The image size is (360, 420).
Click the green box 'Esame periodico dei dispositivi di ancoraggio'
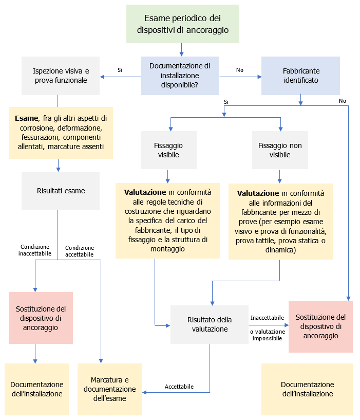tap(183, 24)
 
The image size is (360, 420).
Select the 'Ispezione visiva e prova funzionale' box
tap(61, 76)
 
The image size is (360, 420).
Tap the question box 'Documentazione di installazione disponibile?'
tap(180, 76)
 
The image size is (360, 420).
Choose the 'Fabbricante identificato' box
tap(300, 76)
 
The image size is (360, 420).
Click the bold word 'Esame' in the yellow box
tap(26, 118)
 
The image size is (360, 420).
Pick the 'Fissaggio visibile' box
tap(168, 150)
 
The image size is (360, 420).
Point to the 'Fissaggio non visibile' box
tap(280, 150)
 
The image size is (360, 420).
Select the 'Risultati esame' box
tap(61, 191)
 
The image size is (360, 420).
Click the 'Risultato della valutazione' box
tap(210, 324)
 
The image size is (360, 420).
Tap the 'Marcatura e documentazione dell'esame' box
tap(109, 389)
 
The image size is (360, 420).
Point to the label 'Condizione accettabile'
tap(80, 251)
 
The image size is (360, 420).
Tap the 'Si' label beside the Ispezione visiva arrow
tap(120, 69)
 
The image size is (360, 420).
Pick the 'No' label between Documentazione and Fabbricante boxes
tap(239, 69)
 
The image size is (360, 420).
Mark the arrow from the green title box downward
tap(181, 49)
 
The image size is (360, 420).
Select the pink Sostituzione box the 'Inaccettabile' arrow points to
tap(320, 326)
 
